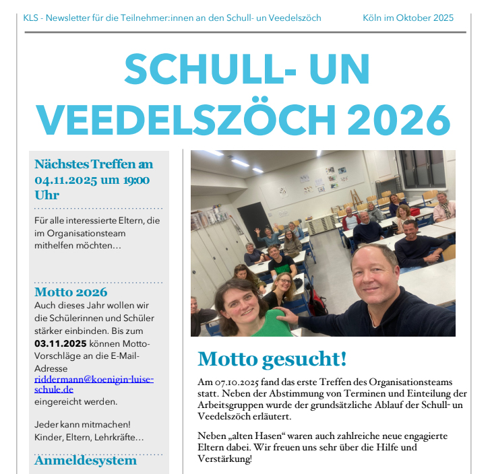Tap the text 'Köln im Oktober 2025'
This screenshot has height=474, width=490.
(x=408, y=18)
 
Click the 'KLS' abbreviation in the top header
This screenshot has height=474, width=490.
(x=31, y=18)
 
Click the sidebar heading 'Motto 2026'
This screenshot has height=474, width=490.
(x=71, y=292)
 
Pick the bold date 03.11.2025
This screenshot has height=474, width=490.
(x=61, y=343)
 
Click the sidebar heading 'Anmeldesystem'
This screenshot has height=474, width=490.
(x=85, y=461)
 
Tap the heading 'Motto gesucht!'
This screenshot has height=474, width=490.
(x=272, y=359)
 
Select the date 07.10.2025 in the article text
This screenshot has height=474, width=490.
(x=235, y=382)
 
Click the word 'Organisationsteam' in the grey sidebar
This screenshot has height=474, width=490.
(x=80, y=234)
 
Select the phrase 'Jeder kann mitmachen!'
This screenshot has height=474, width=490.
(x=82, y=424)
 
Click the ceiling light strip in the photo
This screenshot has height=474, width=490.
(x=241, y=162)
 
